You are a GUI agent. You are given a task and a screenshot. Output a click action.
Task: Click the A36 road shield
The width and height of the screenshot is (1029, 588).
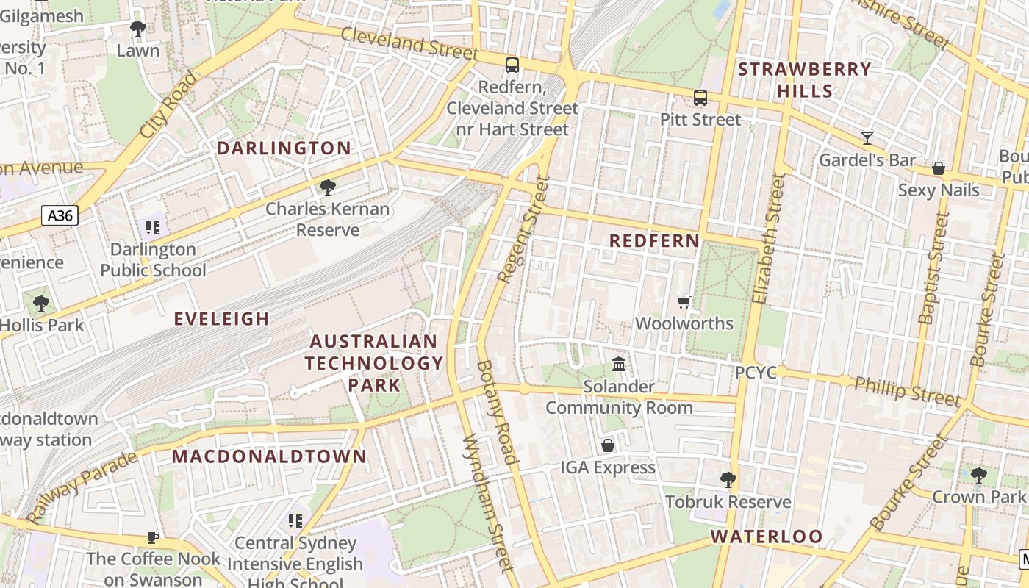tap(60, 215)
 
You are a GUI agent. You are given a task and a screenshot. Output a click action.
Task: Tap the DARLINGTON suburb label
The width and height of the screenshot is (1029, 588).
tap(284, 148)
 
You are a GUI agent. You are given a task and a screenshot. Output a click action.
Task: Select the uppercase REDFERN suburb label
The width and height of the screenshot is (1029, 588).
tap(654, 241)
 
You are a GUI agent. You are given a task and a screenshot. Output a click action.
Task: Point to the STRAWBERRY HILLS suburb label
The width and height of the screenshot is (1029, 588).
tap(805, 80)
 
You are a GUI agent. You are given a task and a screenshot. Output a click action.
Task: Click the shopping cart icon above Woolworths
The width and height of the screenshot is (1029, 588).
tap(684, 302)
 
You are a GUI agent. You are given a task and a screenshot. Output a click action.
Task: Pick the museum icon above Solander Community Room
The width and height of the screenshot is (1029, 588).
tap(619, 365)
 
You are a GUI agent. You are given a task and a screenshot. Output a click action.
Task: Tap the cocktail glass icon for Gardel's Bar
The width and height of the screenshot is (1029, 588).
tap(867, 137)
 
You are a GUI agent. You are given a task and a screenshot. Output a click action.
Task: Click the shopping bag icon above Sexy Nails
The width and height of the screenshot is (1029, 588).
tap(938, 168)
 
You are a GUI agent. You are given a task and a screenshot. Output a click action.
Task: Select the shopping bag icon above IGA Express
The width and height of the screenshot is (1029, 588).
tap(608, 445)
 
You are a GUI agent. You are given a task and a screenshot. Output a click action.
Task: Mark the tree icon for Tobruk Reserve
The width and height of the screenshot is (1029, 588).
tap(728, 480)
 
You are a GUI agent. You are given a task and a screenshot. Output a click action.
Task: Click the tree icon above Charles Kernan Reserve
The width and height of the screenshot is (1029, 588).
tap(328, 187)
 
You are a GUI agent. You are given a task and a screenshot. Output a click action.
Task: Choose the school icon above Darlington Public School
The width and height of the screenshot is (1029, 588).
tap(153, 228)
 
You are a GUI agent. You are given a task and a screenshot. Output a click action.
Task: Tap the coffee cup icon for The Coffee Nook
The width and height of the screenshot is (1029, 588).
tap(153, 538)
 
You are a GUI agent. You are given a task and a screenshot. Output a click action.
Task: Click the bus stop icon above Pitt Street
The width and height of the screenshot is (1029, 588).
tap(700, 97)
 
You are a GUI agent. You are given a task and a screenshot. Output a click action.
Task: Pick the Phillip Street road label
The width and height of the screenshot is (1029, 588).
tap(908, 390)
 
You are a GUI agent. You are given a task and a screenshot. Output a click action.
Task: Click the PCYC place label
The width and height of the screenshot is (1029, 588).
tap(756, 373)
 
